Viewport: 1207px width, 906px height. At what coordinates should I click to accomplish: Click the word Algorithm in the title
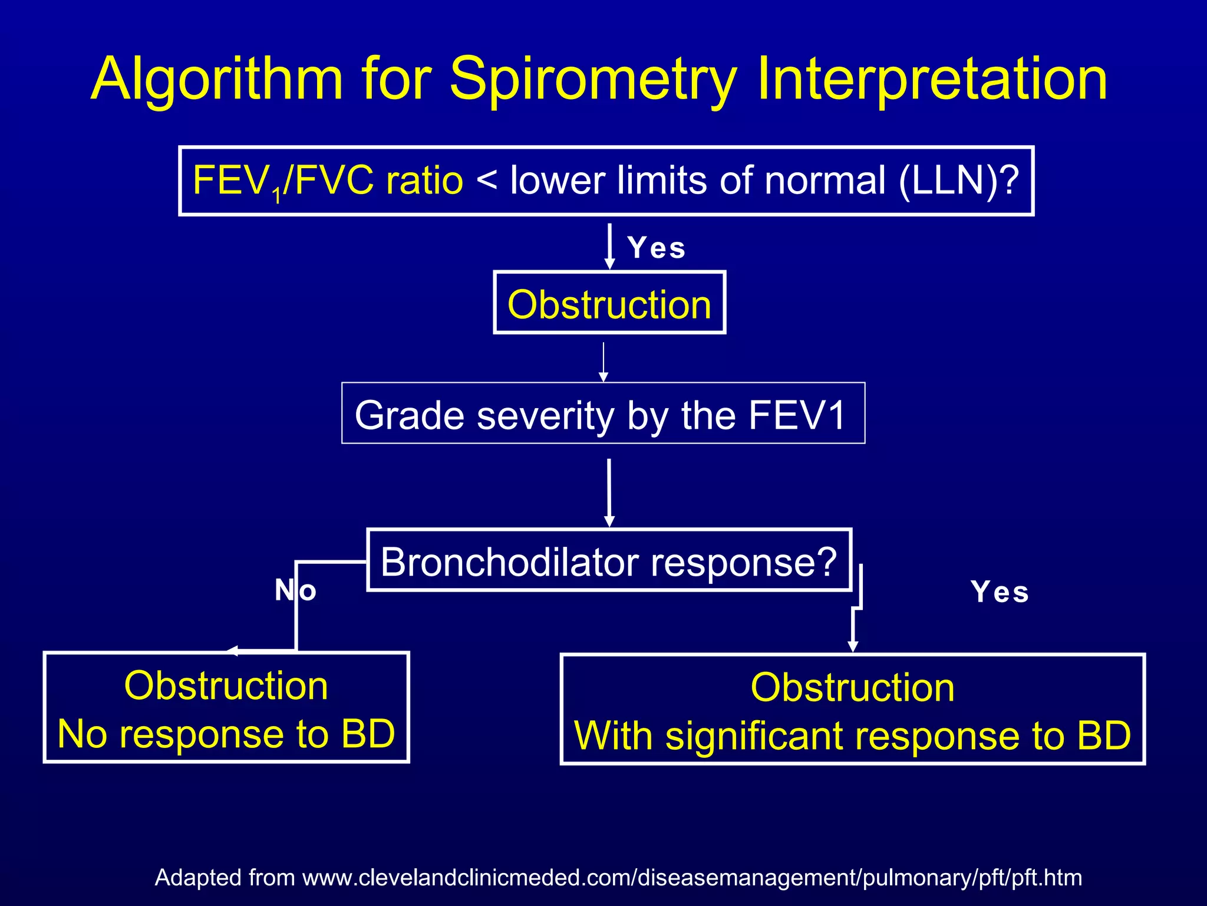point(217,80)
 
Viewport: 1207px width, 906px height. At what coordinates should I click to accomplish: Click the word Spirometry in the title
point(593,80)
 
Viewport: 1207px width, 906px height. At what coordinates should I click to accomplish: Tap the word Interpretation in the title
point(931,80)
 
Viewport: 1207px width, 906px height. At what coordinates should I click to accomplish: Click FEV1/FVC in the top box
point(283,180)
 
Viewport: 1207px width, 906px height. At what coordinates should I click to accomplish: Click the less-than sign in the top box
point(486,180)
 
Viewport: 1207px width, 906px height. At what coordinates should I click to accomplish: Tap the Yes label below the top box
point(657,248)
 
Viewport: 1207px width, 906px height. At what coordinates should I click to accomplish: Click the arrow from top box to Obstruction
point(610,246)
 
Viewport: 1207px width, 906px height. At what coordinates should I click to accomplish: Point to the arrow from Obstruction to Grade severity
point(603,361)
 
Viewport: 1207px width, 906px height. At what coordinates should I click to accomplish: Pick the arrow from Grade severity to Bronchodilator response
point(609,492)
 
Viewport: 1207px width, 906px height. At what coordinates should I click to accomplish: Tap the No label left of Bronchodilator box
point(295,590)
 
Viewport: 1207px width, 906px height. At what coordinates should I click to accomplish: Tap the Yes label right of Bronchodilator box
point(1000,592)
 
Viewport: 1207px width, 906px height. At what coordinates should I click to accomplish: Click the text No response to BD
point(226,734)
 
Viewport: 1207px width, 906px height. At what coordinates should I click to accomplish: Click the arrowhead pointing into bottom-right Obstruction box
point(852,646)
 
